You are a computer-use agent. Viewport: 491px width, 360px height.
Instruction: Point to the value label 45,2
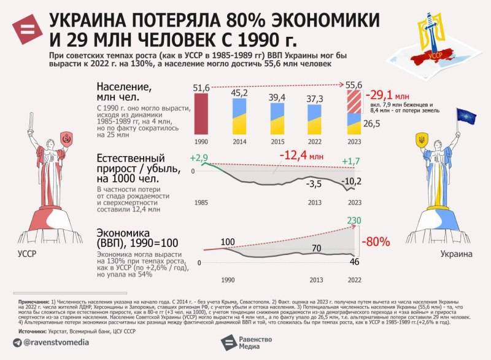click(x=240, y=93)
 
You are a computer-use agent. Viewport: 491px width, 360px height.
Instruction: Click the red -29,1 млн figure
click(x=387, y=96)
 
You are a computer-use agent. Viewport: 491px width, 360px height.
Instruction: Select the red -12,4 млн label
click(x=305, y=154)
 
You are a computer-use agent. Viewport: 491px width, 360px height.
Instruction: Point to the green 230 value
click(x=354, y=220)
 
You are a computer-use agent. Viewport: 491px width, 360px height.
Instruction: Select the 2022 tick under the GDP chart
click(x=354, y=280)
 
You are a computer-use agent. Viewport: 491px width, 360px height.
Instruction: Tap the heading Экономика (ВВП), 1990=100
click(x=128, y=238)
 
